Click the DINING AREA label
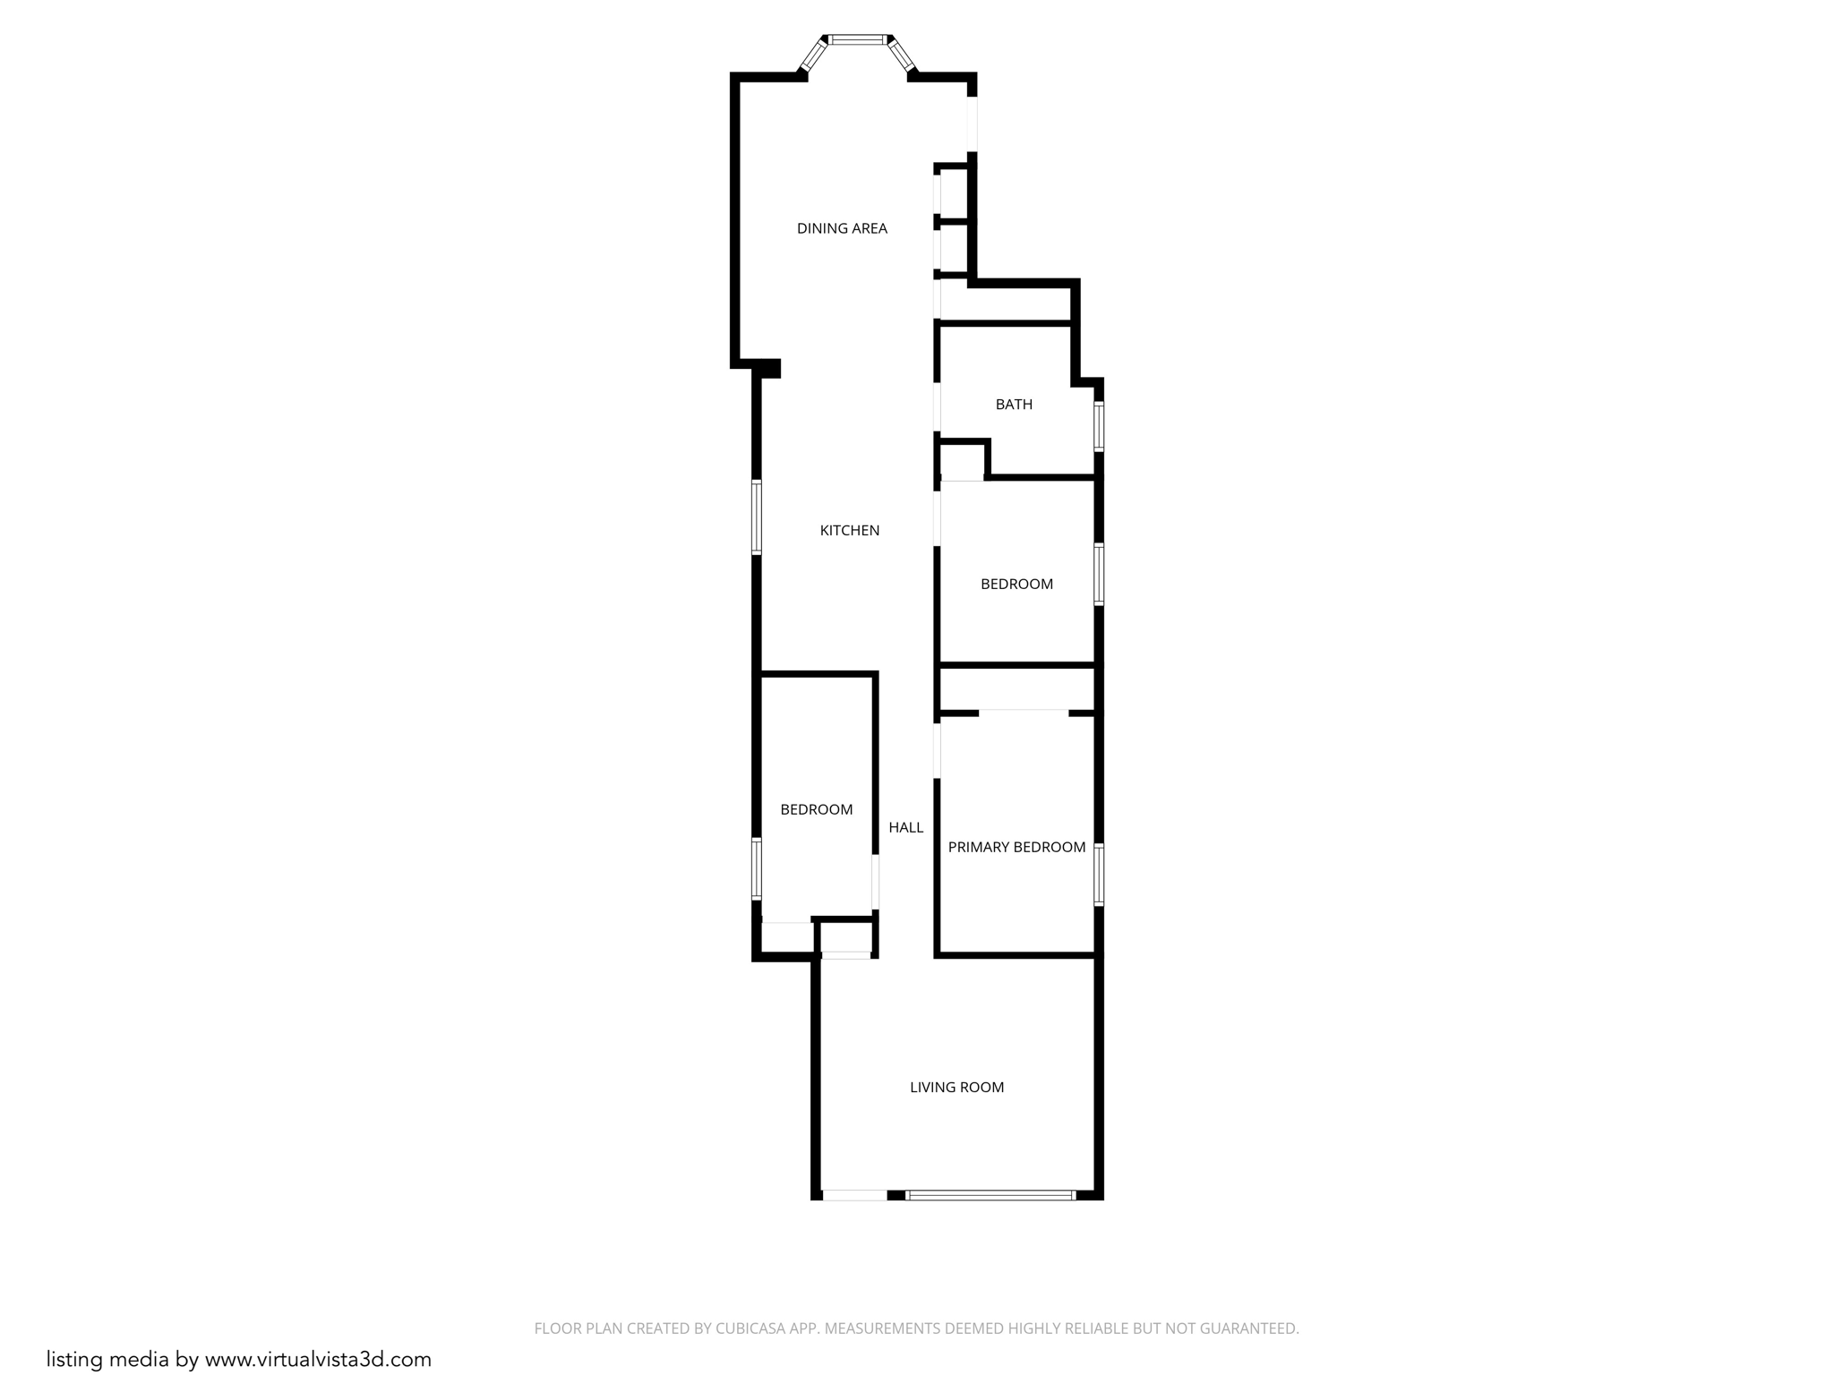842,228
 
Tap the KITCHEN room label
850,531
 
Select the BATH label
1014,405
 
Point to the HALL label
905,828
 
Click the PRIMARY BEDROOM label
1016,847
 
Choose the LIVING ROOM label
956,1088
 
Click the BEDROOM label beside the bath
1016,585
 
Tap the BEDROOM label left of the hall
816,810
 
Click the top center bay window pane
858,39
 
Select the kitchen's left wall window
757,517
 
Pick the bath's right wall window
1099,426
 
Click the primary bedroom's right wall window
1099,875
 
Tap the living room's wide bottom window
990,1195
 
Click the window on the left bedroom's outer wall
757,868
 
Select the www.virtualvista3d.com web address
318,1359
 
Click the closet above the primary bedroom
1017,689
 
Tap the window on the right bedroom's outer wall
1099,574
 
